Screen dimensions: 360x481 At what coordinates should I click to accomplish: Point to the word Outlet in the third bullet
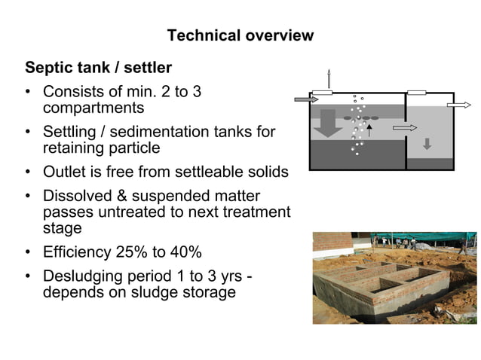coord(66,172)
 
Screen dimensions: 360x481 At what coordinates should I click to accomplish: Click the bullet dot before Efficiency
coord(28,252)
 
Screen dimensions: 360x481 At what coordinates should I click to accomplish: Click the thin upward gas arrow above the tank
coord(329,78)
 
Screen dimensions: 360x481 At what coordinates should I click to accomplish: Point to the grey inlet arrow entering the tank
coord(305,99)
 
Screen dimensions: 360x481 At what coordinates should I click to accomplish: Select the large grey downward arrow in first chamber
coord(328,123)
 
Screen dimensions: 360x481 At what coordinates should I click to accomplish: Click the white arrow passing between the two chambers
coord(404,128)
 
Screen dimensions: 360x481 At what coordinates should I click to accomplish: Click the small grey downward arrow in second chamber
coord(427,143)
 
